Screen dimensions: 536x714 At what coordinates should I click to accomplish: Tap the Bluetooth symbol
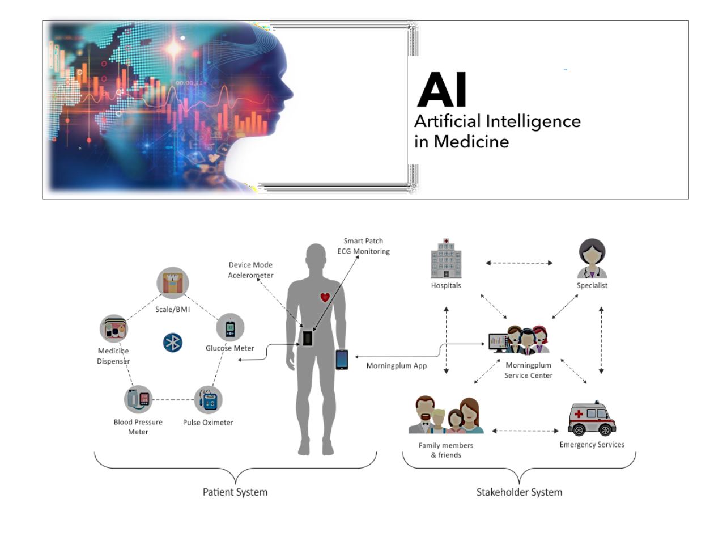point(172,342)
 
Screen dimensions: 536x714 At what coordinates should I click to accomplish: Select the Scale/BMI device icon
point(172,283)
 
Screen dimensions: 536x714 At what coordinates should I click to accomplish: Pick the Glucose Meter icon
point(230,328)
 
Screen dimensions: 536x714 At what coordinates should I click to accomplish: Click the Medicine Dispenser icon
point(114,329)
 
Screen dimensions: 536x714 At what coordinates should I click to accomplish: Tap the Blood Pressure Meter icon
point(139,399)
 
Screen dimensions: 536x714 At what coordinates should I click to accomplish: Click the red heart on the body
point(325,297)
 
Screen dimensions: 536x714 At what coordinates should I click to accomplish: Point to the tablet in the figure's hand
point(342,360)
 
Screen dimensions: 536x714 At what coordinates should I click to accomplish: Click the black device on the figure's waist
point(307,338)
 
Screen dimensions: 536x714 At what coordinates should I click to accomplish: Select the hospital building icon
point(446,258)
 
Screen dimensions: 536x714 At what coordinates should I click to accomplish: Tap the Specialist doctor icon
point(592,258)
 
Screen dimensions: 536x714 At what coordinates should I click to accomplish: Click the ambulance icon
point(592,419)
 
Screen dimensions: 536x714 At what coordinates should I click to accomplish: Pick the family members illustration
point(446,416)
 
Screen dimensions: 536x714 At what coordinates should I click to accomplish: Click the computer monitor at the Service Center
point(498,341)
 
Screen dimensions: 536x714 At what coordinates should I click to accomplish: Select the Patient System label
point(235,492)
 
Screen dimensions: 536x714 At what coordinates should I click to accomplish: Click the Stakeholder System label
point(519,492)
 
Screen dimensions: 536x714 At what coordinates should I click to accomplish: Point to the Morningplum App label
point(397,366)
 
